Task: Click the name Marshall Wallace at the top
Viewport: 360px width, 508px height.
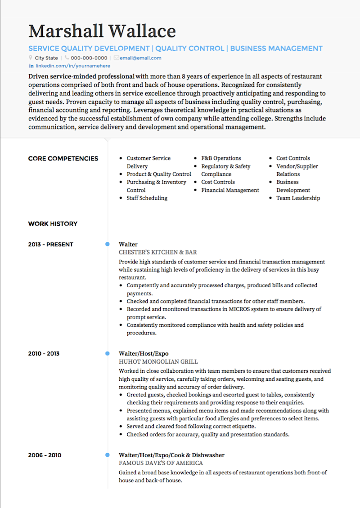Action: (x=102, y=31)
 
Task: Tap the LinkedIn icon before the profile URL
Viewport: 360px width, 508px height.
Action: (x=31, y=66)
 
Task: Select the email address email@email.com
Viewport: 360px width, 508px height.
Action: (x=140, y=58)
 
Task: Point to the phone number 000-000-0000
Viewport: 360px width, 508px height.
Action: (x=89, y=58)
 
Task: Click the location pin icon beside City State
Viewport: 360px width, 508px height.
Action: (x=31, y=58)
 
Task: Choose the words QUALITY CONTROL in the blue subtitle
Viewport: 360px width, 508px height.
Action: (x=190, y=49)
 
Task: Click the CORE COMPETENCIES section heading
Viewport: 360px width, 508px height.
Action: (x=63, y=158)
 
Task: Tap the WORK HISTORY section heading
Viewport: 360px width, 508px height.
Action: (x=53, y=223)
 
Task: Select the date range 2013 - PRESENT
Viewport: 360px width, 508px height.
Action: (x=50, y=245)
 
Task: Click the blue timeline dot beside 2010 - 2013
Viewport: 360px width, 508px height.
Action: (x=107, y=353)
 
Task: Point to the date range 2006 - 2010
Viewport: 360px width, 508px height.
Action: (x=44, y=455)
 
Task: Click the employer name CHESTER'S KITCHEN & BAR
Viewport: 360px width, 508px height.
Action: (x=158, y=252)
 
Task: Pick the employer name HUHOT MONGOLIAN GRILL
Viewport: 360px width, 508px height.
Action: (x=158, y=361)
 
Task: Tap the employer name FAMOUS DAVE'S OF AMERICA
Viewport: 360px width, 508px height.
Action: (x=161, y=463)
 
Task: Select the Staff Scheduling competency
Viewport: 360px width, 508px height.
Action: (x=147, y=198)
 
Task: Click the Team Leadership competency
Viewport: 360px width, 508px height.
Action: (x=298, y=198)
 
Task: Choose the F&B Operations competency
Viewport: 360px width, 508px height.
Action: (x=221, y=158)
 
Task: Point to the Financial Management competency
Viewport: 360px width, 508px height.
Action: (x=230, y=190)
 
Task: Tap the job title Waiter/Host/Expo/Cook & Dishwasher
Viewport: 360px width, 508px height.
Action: (x=171, y=455)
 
